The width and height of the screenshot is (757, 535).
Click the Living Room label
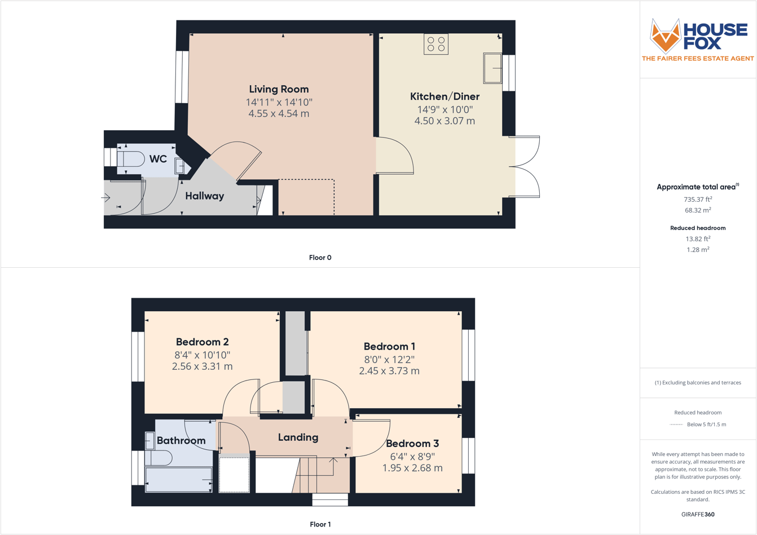279,89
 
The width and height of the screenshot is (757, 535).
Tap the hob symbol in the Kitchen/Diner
436,45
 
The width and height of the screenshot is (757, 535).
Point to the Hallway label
205,196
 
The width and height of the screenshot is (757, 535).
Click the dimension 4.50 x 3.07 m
444,121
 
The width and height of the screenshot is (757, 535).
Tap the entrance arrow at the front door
105,198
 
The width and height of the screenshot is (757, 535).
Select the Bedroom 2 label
202,342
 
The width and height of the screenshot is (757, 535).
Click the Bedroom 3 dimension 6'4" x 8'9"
412,457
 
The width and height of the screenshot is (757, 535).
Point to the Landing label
298,437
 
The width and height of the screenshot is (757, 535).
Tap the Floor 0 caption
320,258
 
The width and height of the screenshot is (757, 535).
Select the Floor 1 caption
320,524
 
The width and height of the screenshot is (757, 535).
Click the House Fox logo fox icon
666,36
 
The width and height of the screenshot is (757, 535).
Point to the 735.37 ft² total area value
697,200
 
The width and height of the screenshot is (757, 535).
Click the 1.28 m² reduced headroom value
698,250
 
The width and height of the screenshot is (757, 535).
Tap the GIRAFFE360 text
698,514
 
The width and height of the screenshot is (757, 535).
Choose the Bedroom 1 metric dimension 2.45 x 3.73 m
389,371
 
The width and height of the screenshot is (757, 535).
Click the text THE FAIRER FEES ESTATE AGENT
698,59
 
